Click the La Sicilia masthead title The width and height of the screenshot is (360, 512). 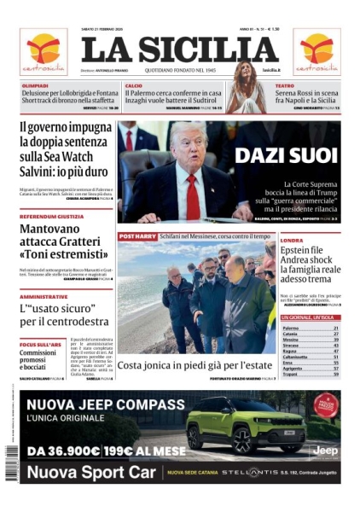pos(179,50)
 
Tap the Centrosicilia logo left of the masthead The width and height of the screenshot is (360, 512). pos(43,51)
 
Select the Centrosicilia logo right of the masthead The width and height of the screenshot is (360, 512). pos(316,51)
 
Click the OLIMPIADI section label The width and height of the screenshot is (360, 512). pos(35,85)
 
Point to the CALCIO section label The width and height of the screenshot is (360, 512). pos(134,85)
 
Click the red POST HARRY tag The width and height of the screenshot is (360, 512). pos(136,236)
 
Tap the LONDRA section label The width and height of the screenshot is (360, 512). pos(292,241)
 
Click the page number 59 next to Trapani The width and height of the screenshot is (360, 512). pos(336,374)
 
